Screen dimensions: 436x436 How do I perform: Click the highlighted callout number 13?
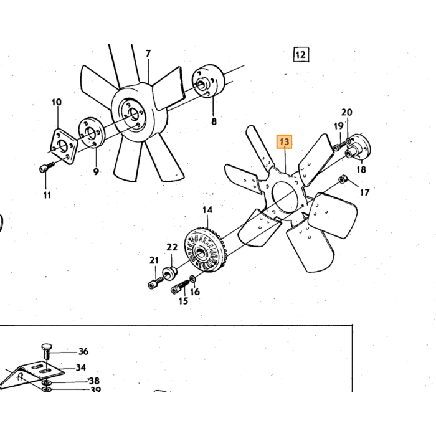[284, 142]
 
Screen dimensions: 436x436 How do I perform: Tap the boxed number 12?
[301, 54]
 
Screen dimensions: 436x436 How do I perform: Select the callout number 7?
[148, 54]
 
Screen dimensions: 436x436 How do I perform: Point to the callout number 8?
[214, 121]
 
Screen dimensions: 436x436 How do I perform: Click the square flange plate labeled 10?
[64, 146]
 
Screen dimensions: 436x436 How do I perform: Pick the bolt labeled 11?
[47, 167]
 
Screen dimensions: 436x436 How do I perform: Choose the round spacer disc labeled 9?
[91, 133]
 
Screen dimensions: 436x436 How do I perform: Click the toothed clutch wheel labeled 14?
[205, 250]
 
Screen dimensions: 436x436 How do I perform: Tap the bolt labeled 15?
[179, 287]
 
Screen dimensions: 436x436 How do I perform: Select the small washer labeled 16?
[192, 278]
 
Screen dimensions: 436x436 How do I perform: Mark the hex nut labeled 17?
[342, 179]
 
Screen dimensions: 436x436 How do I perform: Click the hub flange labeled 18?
[359, 148]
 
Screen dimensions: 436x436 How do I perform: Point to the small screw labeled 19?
[339, 146]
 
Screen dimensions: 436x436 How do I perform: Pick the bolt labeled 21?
[156, 283]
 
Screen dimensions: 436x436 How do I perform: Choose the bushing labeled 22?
[170, 273]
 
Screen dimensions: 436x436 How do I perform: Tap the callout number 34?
[80, 367]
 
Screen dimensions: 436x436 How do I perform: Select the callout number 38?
[94, 381]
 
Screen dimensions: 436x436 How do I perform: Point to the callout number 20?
[346, 112]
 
